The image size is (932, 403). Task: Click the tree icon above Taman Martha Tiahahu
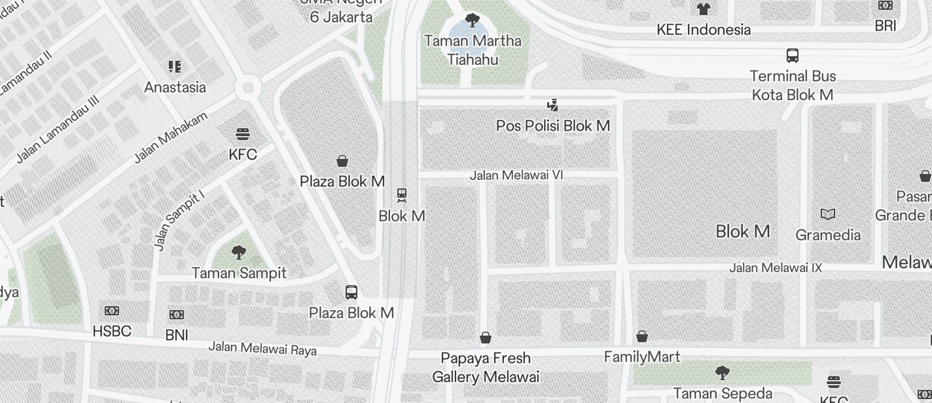click(472, 20)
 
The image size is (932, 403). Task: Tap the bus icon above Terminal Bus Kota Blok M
click(793, 56)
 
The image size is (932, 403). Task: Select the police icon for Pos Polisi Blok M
click(553, 105)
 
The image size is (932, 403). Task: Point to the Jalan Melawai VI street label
click(516, 175)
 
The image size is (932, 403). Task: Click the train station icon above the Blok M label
click(402, 195)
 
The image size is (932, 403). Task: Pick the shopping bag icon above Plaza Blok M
click(342, 161)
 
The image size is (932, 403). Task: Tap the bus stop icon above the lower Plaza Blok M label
click(351, 292)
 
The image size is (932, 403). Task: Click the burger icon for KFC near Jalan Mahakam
click(243, 135)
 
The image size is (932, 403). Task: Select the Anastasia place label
click(175, 87)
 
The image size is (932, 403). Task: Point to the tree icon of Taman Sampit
click(239, 253)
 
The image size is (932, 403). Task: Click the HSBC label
click(112, 332)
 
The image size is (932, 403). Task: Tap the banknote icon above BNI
click(177, 315)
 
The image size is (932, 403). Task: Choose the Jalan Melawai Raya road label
click(262, 349)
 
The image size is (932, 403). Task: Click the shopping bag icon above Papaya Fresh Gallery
click(486, 338)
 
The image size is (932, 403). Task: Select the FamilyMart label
click(642, 357)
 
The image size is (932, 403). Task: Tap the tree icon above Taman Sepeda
click(723, 373)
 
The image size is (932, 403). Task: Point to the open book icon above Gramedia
click(828, 215)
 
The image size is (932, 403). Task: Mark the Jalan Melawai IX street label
click(776, 268)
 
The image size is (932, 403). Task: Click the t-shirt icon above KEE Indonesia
click(704, 9)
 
